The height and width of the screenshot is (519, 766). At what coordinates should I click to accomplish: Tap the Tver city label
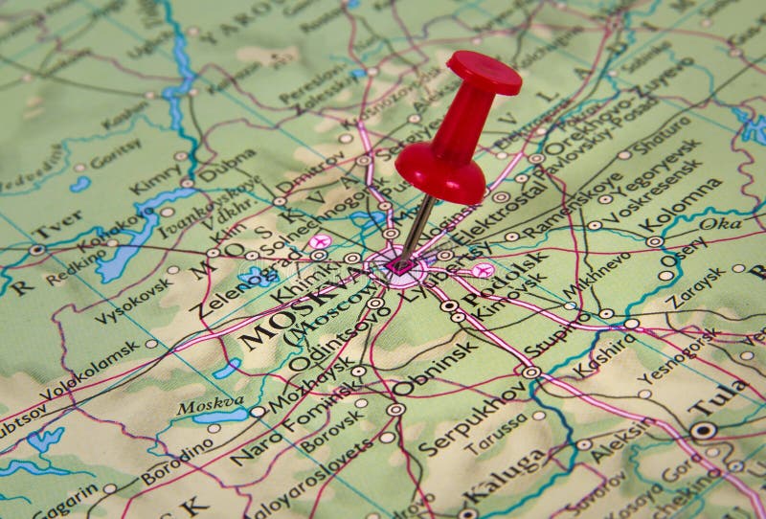click(57, 229)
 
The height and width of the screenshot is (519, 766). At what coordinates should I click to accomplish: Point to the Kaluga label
click(504, 476)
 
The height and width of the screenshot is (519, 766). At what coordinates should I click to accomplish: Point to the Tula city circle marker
click(702, 431)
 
